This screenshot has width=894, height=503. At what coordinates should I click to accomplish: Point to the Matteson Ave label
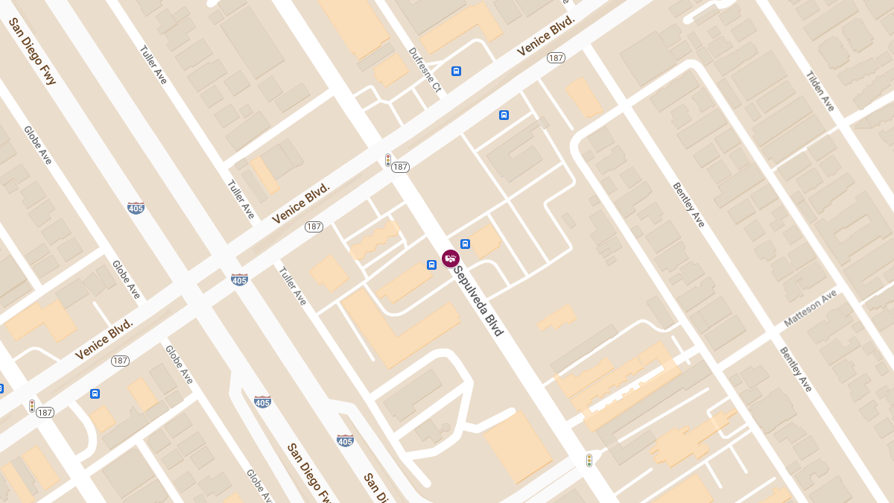(x=811, y=308)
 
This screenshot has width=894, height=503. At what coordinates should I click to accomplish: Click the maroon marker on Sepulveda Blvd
(x=451, y=259)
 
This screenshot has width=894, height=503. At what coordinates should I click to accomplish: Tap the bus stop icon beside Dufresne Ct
(x=456, y=71)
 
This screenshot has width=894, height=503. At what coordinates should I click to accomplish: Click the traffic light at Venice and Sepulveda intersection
(x=388, y=159)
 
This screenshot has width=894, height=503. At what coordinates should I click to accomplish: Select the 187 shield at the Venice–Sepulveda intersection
(x=401, y=167)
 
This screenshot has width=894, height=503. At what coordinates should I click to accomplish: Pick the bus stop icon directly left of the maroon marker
(x=431, y=265)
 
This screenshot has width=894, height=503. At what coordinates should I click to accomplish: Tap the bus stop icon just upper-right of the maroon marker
(x=465, y=244)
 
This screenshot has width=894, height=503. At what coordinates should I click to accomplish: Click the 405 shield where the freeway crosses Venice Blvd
(x=239, y=280)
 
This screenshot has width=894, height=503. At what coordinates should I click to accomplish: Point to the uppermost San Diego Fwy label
(x=32, y=51)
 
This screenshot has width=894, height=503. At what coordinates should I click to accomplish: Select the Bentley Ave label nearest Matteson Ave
(x=796, y=369)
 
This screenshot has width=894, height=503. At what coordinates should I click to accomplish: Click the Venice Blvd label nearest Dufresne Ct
(x=547, y=37)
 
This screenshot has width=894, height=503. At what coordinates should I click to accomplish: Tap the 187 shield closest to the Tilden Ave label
(x=556, y=57)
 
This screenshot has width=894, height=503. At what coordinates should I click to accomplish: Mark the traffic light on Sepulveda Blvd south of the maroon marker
(x=589, y=461)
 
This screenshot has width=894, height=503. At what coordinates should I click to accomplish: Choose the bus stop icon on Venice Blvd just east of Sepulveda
(x=504, y=115)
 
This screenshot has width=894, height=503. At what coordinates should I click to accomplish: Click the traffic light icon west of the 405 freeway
(x=32, y=406)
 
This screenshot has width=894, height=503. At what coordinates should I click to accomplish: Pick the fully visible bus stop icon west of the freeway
(x=95, y=393)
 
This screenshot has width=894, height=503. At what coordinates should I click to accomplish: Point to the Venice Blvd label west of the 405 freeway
(x=104, y=340)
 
